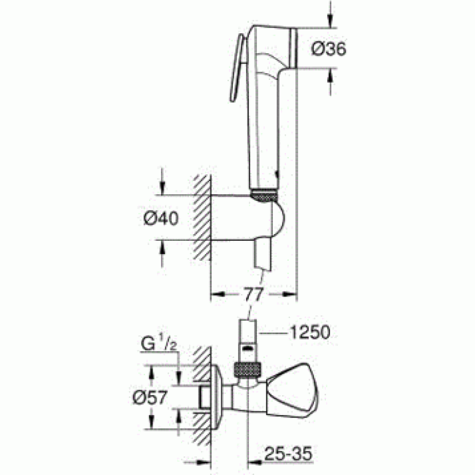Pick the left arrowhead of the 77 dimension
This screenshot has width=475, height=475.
coord(216,295)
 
